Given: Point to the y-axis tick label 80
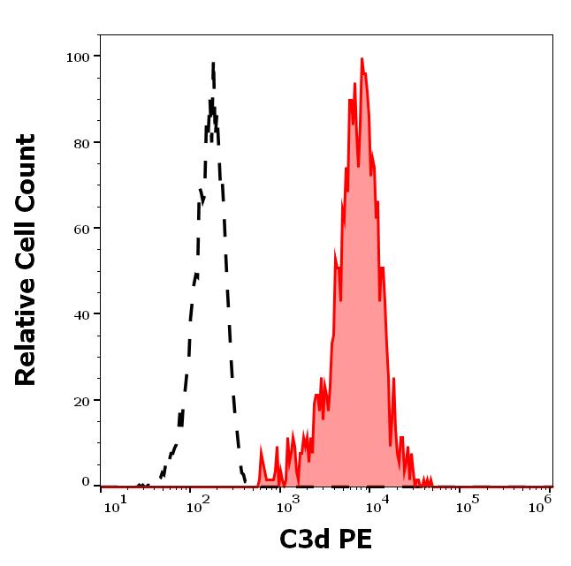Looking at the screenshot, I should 80,142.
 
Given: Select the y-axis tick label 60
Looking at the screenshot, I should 80,228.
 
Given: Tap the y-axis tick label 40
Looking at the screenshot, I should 80,313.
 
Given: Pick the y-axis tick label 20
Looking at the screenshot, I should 80,400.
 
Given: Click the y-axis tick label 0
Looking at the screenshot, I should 86,483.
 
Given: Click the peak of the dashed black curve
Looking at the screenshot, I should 213,63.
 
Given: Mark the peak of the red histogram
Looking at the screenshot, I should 362,59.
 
